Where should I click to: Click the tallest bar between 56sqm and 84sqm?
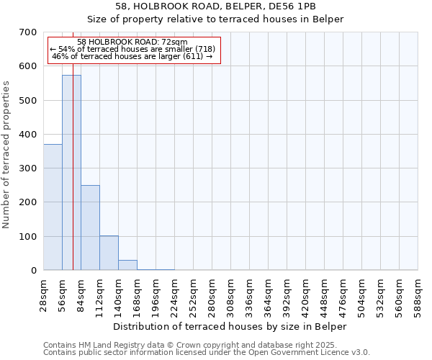pos(71,173)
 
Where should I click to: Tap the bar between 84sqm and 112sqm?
pos(90,228)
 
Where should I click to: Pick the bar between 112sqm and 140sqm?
pos(109,253)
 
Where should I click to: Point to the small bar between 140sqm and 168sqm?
pos(127,265)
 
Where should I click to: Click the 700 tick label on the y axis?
pos(28,32)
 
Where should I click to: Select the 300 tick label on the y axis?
pos(28,168)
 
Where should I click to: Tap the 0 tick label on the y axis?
pos(34,271)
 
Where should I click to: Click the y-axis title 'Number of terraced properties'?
pos(6,155)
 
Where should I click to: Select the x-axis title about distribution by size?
pos(230,326)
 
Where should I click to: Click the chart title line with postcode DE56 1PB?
pos(215,6)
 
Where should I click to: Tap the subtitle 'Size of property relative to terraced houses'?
pos(215,19)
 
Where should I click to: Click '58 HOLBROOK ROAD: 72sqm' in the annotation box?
pos(132,42)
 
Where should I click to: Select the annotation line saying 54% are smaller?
pos(132,49)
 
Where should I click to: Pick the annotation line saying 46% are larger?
pos(132,55)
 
